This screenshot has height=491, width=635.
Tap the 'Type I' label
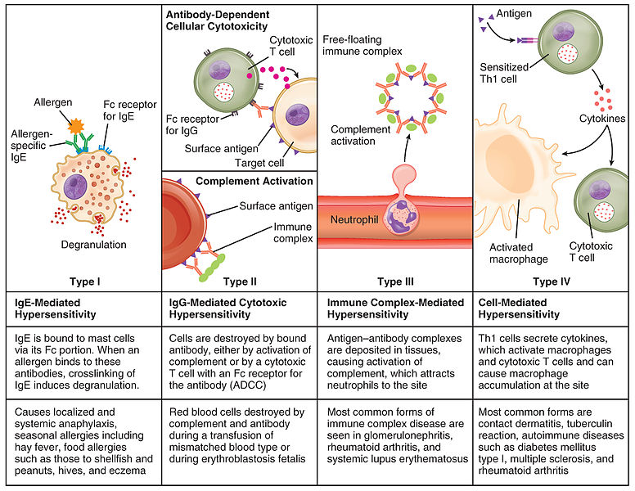click(x=86, y=281)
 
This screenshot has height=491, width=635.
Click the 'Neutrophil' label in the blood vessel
click(x=353, y=220)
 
